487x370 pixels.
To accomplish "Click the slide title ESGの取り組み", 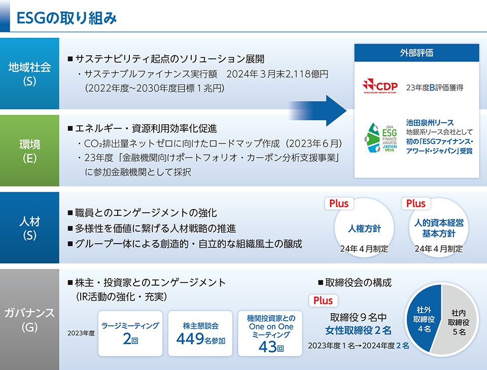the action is point(66,18).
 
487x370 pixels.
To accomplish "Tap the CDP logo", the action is point(380,86).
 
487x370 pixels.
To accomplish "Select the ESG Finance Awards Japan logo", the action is point(381,138).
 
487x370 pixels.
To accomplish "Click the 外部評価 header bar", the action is point(416,53).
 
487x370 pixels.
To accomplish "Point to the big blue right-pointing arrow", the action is point(318,111).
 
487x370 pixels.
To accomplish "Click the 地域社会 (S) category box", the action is point(29,74).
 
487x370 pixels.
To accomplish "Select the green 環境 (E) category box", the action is point(29,151).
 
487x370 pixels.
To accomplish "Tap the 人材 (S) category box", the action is point(29,228).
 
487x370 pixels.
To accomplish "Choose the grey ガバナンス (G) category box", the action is point(29,319).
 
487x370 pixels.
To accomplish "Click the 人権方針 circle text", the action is point(364,228).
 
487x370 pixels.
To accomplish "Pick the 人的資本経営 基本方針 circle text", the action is point(438,228).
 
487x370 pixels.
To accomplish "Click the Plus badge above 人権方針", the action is point(339,204).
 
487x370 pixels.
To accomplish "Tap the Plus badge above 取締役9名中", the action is point(323,300).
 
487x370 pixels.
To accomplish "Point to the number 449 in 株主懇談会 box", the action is point(190,339).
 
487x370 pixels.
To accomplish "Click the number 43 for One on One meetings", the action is point(267,347).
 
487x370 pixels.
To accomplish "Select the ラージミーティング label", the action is point(130,325).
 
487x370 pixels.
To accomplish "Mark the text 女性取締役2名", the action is point(358,330).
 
